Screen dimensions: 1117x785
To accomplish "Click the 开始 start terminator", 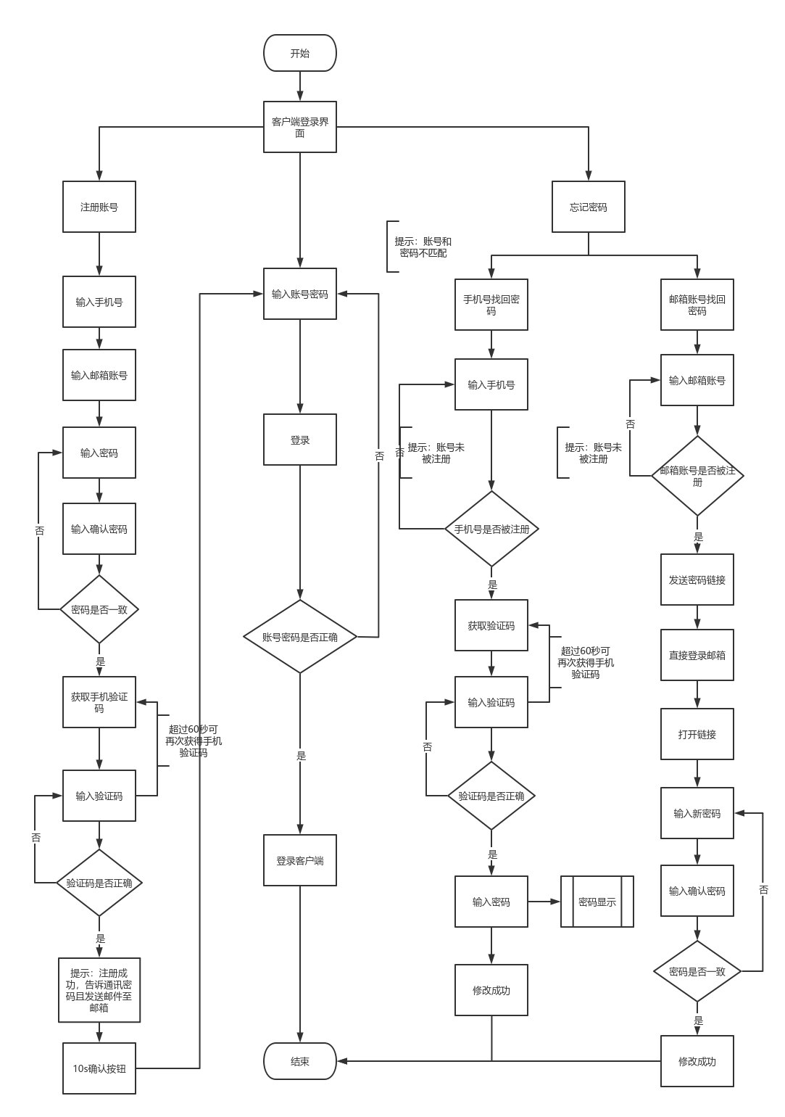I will (299, 53).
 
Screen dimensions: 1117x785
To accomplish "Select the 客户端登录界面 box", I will (299, 127).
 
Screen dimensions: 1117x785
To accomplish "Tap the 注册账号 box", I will (99, 207).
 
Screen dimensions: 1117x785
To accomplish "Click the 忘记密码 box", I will (588, 207).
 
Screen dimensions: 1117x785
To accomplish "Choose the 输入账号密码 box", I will (299, 294).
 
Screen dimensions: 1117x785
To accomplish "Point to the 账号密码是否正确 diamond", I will (299, 637).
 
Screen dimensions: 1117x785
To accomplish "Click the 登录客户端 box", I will (299, 860).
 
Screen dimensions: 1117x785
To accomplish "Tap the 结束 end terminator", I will (299, 1061).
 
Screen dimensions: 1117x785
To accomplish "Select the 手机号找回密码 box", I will (491, 305).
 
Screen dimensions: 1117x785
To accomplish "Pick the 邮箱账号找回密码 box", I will (697, 305).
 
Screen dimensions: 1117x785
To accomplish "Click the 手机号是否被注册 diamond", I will (491, 529).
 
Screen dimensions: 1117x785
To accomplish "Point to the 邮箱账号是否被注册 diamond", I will (697, 476).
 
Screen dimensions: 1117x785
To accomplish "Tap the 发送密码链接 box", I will (697, 580).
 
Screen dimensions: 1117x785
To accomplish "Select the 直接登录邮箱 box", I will (697, 655).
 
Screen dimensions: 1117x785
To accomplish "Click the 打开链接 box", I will (697, 734).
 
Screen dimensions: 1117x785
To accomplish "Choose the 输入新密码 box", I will (697, 813).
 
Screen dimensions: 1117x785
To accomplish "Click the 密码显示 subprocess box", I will (597, 902).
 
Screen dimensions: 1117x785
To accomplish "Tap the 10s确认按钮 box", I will (99, 1068).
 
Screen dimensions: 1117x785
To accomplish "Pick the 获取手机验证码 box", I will (99, 702).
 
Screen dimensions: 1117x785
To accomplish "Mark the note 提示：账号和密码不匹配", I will (423, 247).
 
